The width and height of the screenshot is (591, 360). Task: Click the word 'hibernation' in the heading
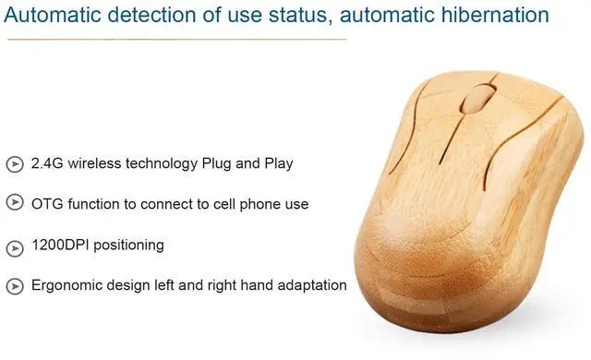(496, 16)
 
